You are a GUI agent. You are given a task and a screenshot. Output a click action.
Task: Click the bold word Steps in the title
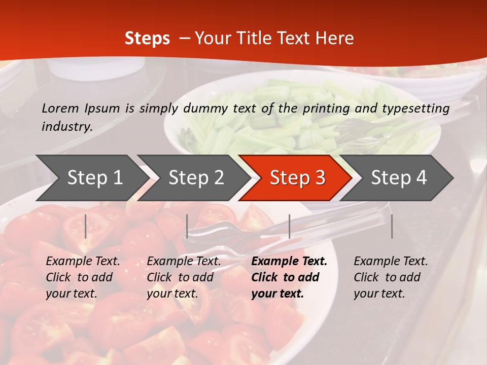point(147,39)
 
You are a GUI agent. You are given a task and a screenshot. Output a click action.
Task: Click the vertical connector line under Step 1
point(86,226)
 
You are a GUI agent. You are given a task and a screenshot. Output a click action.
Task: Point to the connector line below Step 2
point(187,226)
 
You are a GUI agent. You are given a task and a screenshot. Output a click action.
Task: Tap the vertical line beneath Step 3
point(289,226)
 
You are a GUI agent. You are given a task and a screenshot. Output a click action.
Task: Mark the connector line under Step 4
point(392,226)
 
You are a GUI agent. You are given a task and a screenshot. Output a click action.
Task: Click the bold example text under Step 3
point(289,277)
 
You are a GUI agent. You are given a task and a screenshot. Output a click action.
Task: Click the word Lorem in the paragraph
point(60,108)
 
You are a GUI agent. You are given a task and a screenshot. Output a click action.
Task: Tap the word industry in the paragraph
point(67,127)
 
